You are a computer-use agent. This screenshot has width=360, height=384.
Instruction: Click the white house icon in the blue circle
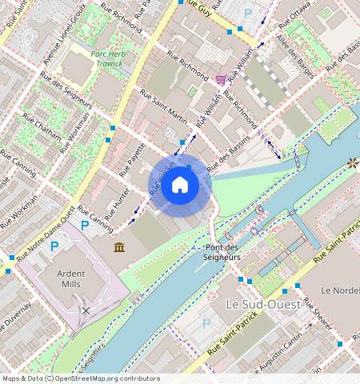(181, 186)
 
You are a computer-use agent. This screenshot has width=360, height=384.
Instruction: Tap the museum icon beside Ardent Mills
(119, 248)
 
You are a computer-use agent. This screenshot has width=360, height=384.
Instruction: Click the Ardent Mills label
(71, 278)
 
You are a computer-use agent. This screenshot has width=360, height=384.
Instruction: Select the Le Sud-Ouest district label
(262, 305)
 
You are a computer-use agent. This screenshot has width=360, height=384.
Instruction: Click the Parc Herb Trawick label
(109, 57)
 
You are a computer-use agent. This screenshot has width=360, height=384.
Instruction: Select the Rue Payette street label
(132, 160)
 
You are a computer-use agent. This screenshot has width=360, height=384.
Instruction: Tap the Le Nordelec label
(339, 288)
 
